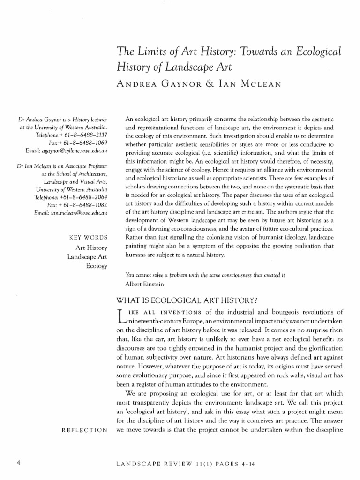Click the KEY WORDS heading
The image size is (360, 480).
click(x=88, y=237)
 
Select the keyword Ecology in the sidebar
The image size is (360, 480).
click(x=97, y=266)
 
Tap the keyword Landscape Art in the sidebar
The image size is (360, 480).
click(x=88, y=256)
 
